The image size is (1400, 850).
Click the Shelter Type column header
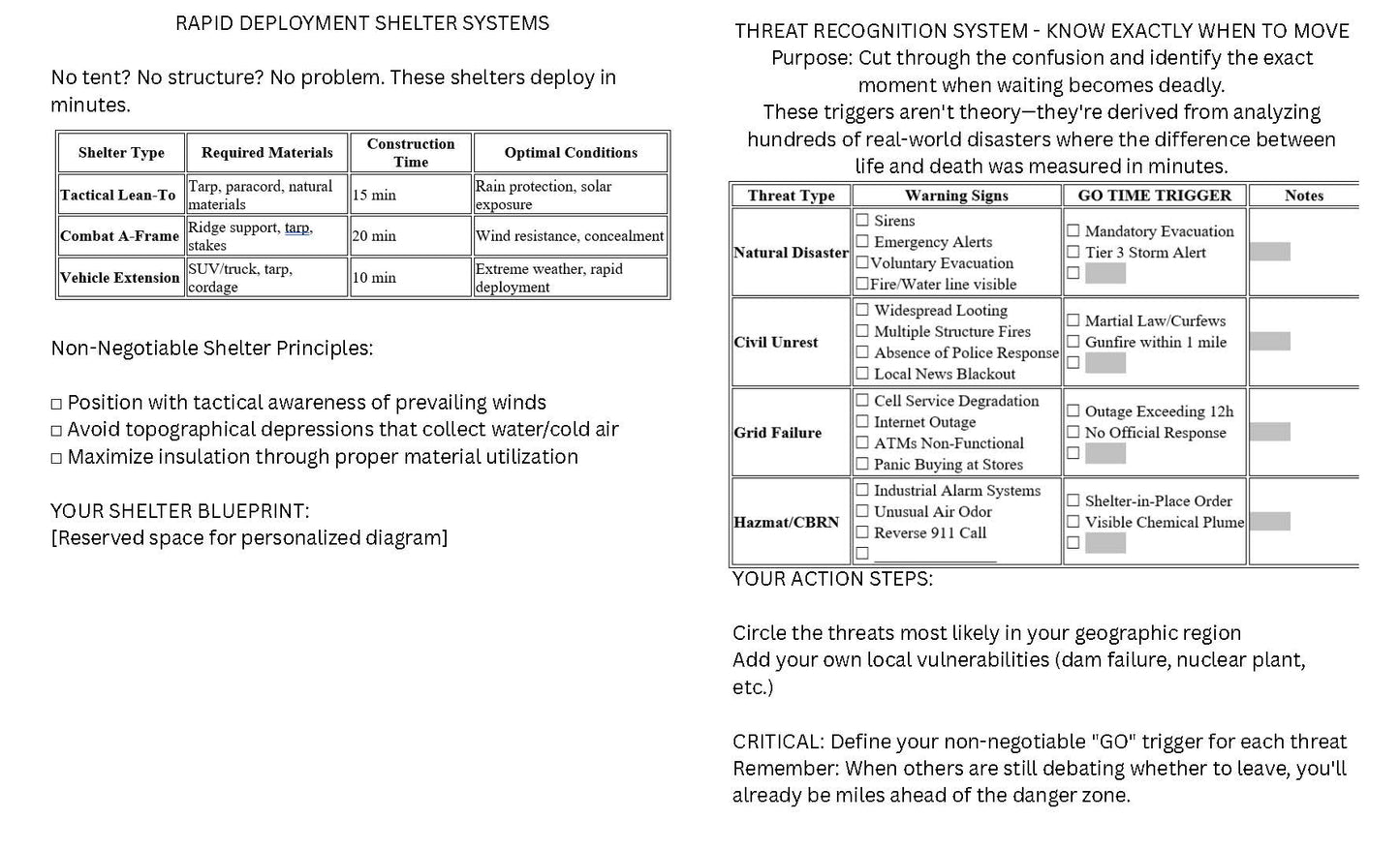tap(121, 153)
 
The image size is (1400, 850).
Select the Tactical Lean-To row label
tap(118, 195)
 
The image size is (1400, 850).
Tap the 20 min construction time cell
tap(374, 236)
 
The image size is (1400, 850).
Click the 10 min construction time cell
tap(374, 278)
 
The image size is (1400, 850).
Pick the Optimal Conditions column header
tap(571, 153)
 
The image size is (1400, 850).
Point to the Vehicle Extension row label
tap(120, 278)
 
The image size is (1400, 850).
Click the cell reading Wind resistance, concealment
tap(570, 236)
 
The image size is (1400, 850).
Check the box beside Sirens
tap(862, 221)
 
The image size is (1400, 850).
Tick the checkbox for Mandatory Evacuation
tap(1073, 231)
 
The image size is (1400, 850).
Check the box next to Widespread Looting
tap(862, 311)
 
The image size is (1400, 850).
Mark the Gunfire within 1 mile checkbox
tap(1073, 342)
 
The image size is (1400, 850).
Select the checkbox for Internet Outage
tap(862, 422)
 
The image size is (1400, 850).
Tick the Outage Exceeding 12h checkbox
tap(1073, 411)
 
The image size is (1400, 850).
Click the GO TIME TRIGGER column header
tap(1154, 196)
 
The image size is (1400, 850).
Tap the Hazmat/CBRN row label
tap(787, 523)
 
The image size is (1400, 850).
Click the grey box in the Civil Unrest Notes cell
tap(1269, 342)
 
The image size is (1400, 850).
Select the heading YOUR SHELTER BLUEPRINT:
tap(180, 511)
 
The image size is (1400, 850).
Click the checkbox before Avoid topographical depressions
tap(56, 431)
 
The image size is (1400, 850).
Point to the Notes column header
tap(1303, 196)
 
